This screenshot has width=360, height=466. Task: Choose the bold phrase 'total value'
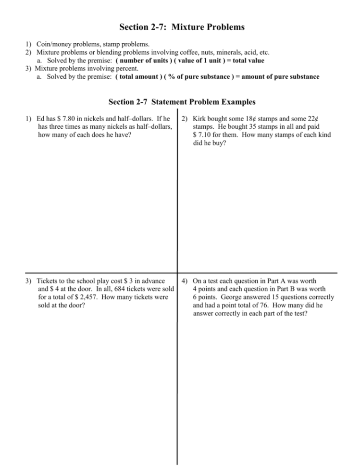pyautogui.click(x=246, y=61)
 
